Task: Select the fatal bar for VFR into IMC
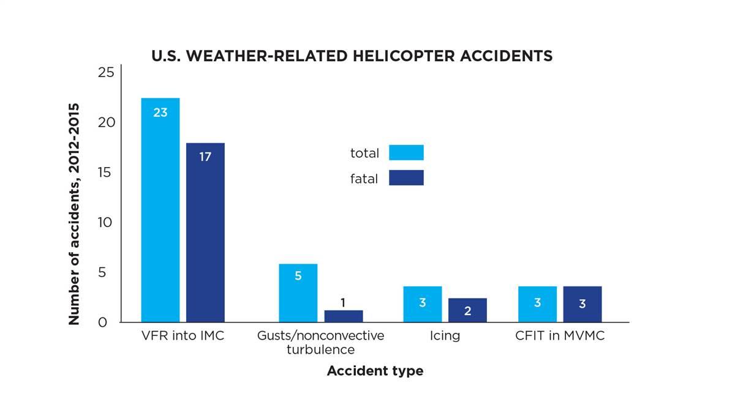(x=205, y=233)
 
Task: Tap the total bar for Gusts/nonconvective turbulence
(x=298, y=293)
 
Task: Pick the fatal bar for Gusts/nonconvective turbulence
(x=343, y=316)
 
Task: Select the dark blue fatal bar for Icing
(x=467, y=310)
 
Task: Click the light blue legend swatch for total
(x=406, y=152)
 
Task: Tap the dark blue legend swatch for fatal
(x=406, y=178)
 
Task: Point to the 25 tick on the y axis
(x=106, y=73)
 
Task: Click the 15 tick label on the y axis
(x=106, y=173)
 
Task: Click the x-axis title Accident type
(x=375, y=371)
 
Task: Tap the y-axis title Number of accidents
(x=74, y=214)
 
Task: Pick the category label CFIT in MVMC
(x=559, y=335)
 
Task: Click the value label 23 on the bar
(x=160, y=113)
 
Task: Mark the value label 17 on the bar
(x=205, y=157)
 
